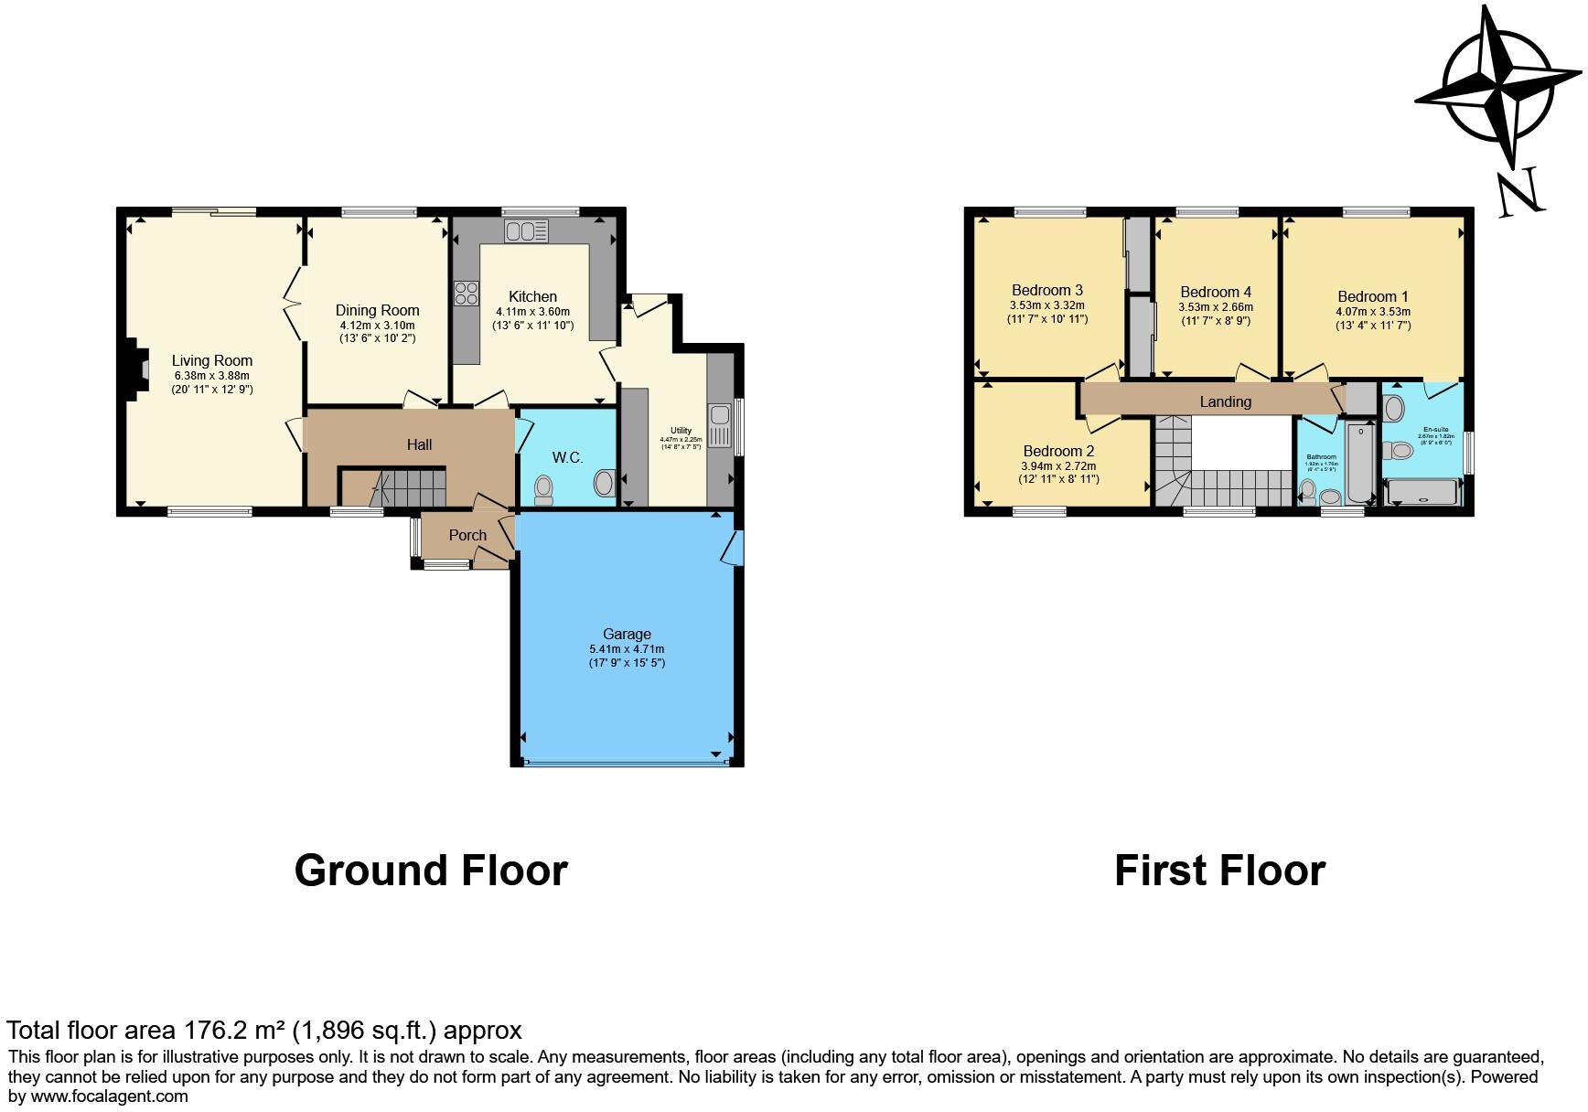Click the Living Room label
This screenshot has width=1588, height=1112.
pos(212,360)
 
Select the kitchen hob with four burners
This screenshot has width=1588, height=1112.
pos(466,294)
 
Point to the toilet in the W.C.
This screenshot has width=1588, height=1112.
pos(543,489)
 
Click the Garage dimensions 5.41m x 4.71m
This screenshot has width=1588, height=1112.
pos(627,649)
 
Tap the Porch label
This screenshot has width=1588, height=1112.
pos(467,535)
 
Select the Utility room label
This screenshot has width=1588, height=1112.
pos(681,431)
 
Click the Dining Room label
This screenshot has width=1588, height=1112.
pos(377,310)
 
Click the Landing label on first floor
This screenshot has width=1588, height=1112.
pos(1225,401)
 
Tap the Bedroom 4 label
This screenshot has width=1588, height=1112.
pos(1216,293)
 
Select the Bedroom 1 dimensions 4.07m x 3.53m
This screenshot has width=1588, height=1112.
pos(1373,311)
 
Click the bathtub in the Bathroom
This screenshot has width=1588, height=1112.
pos(1360,462)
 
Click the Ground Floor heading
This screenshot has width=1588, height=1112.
pos(431,870)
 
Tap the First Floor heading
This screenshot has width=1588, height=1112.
pos(1219,870)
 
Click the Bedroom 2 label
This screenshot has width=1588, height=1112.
pos(1058,451)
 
